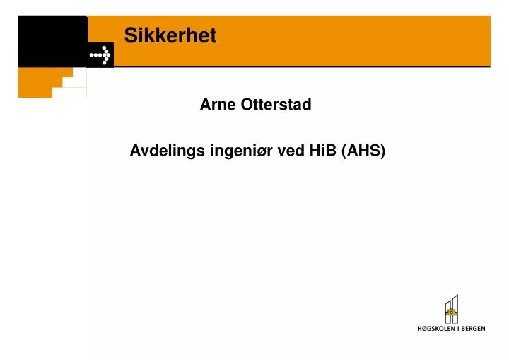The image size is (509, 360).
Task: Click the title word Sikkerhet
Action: pyautogui.click(x=170, y=35)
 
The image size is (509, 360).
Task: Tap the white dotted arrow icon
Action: pyautogui.click(x=100, y=54)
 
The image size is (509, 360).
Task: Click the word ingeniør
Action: pyautogui.click(x=242, y=151)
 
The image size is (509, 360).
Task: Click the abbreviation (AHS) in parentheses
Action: pyautogui.click(x=363, y=151)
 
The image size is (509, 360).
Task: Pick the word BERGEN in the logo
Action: pyautogui.click(x=472, y=329)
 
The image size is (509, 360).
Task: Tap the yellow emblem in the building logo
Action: pyautogui.click(x=451, y=311)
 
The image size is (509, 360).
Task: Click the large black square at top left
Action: pyautogui.click(x=52, y=41)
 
